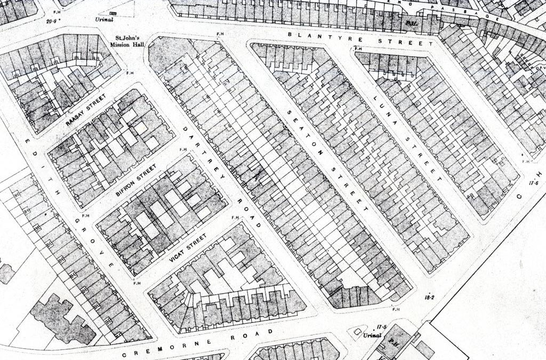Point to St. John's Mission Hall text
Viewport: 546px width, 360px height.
(x=128, y=42)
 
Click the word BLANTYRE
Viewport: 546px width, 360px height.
(x=315, y=36)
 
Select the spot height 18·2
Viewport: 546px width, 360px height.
(x=430, y=297)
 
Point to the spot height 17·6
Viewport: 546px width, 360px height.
(x=534, y=183)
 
